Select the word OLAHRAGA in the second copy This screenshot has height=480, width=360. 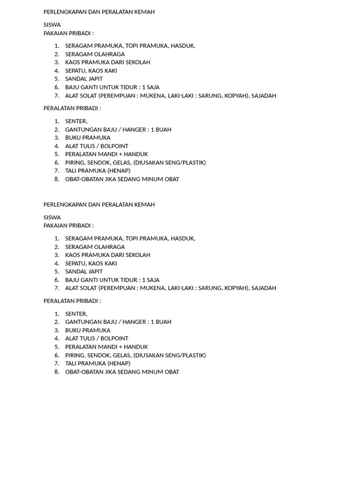[x=110, y=247]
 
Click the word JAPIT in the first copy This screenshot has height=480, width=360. [x=95, y=79]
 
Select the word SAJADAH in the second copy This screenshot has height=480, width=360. [x=264, y=288]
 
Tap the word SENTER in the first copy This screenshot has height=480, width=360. [x=76, y=121]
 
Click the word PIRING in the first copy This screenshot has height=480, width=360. [x=75, y=163]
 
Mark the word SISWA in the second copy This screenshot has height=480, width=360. [x=52, y=217]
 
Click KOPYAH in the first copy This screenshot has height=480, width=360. [x=237, y=96]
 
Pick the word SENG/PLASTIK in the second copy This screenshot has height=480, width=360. [x=187, y=355]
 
